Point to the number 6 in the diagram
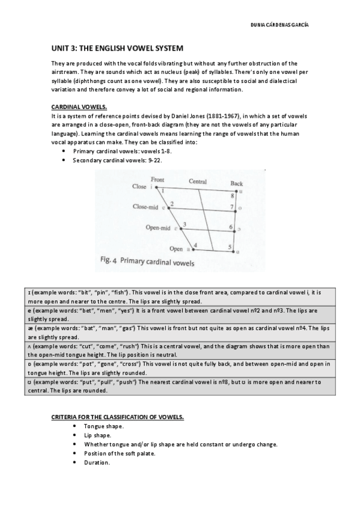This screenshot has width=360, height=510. click(231, 227)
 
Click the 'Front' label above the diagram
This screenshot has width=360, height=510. click(157, 179)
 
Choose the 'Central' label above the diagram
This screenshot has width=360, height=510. click(198, 181)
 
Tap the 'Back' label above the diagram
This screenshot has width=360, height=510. click(237, 183)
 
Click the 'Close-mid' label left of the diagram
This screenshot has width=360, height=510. click(145, 207)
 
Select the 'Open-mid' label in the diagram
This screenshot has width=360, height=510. click(158, 228)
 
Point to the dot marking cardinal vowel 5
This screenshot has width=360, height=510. click(235, 250)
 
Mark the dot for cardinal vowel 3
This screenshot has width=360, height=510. click(181, 229)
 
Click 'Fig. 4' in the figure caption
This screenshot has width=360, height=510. click(106, 262)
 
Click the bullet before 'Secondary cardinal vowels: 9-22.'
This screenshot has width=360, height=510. click(64, 161)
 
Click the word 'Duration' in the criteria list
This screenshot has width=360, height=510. click(96, 462)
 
